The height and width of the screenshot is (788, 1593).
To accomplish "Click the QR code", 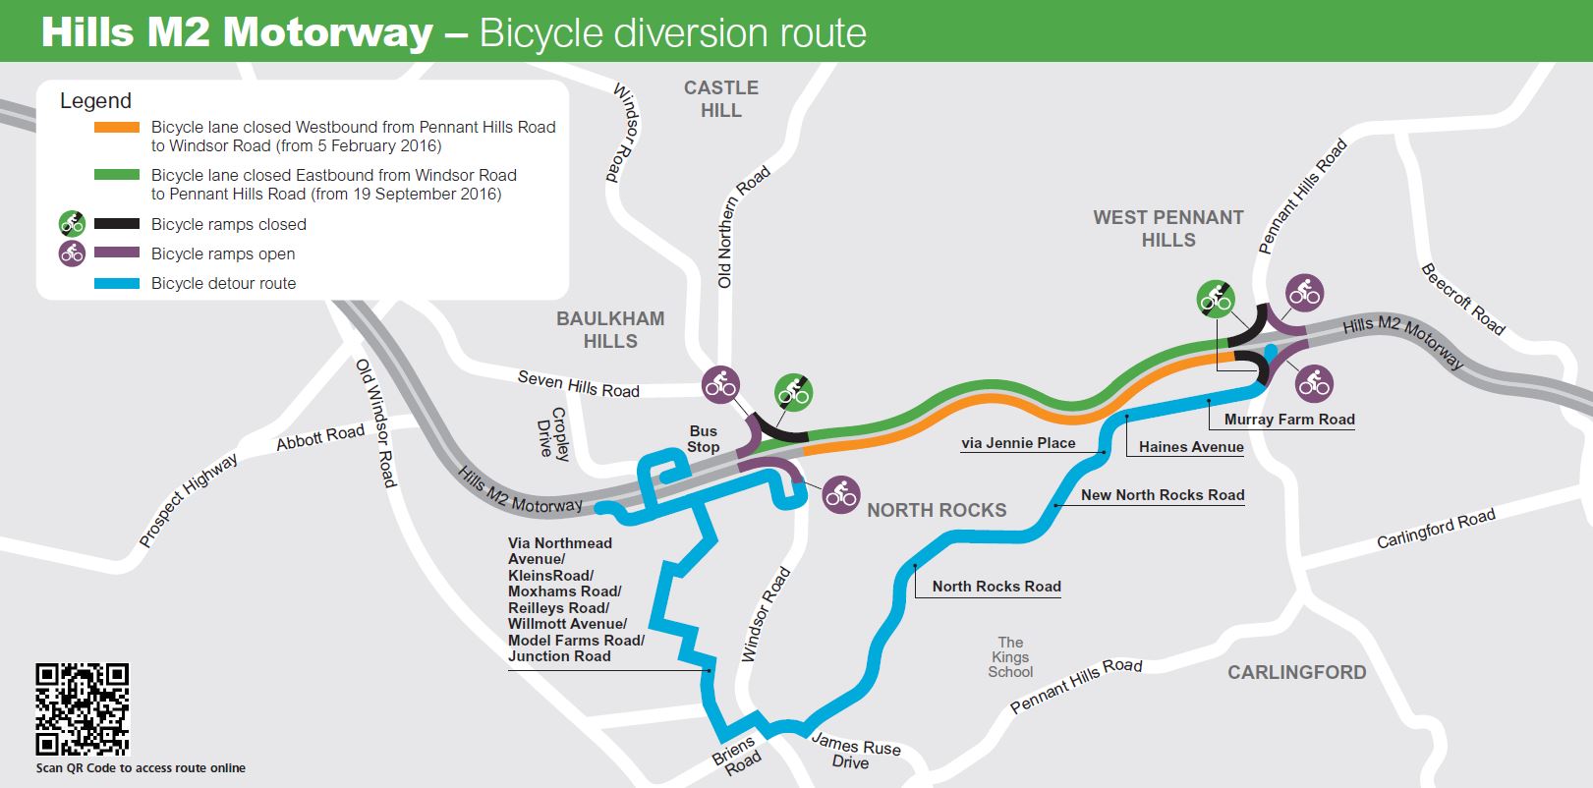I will point(83,708).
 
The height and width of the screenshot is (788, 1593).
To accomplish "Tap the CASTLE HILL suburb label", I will point(721,99).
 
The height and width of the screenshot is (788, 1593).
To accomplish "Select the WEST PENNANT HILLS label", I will point(1168,229).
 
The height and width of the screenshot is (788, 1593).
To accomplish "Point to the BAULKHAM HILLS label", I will point(610,330).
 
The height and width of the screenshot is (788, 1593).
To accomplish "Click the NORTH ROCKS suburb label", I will point(937,510).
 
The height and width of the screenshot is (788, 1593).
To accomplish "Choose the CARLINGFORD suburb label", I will point(1296,673).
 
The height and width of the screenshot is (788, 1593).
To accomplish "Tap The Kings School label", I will point(1010,657).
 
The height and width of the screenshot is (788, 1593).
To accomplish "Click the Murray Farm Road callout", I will point(1289,420).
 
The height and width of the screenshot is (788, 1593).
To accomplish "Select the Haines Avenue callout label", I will point(1191,447).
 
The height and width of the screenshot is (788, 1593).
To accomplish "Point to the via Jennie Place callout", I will point(1018,443).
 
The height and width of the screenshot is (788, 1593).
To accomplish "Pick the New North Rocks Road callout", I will point(1163,495).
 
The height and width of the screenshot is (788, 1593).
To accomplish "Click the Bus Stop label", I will point(704,439).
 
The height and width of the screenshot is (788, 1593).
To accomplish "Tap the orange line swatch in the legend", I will point(117,128).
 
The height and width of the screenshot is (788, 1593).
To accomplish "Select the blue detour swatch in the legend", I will point(117,284).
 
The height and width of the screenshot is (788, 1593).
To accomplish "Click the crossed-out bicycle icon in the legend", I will point(72,224).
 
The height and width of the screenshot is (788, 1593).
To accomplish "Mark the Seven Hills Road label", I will point(578,384).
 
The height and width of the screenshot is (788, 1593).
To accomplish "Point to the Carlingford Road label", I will point(1436,529).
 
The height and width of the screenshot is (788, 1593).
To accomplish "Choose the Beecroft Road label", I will point(1463,299).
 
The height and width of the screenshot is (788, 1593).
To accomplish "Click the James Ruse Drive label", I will point(854,754).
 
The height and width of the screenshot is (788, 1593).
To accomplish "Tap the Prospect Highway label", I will point(188,500).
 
